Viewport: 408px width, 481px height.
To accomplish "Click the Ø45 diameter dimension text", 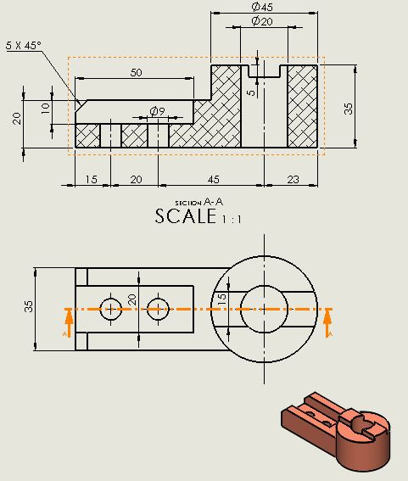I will click(x=262, y=7).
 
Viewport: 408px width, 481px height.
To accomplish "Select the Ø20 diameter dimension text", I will click(x=262, y=21).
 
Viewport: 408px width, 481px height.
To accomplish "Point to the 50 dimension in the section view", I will click(x=136, y=73).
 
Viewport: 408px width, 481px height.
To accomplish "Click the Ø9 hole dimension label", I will click(x=157, y=111).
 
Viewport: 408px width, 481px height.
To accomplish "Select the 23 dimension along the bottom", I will click(x=293, y=179).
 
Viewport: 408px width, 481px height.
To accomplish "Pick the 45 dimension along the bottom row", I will click(x=213, y=179).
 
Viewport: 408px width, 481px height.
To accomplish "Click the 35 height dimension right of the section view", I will click(x=348, y=109).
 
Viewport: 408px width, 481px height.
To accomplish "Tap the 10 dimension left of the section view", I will click(x=46, y=109).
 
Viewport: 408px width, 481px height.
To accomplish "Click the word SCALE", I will click(x=186, y=216).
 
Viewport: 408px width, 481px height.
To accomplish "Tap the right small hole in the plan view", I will click(x=155, y=310).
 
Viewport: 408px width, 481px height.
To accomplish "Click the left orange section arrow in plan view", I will click(x=67, y=322).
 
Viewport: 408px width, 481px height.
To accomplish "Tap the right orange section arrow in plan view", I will click(x=330, y=322).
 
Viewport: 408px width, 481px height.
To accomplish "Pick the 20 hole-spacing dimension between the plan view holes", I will click(x=132, y=299).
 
